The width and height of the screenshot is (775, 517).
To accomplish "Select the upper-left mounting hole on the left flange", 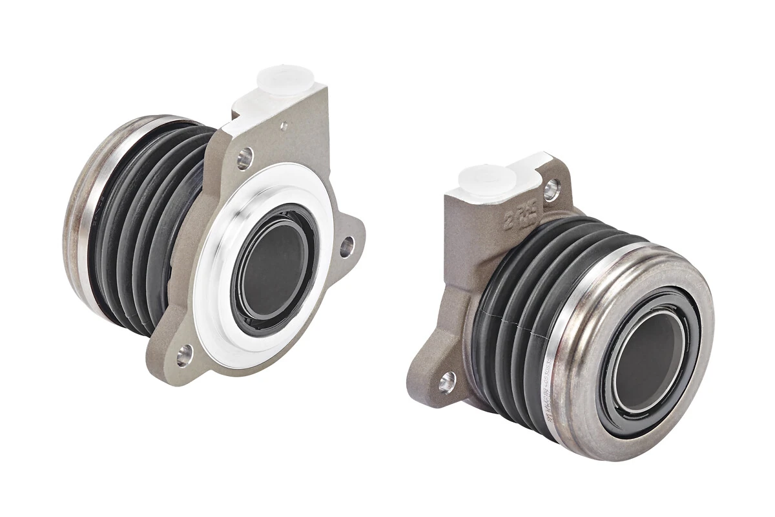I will coord(245,157).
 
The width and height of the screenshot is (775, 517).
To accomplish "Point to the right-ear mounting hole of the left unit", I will coord(347,246).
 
